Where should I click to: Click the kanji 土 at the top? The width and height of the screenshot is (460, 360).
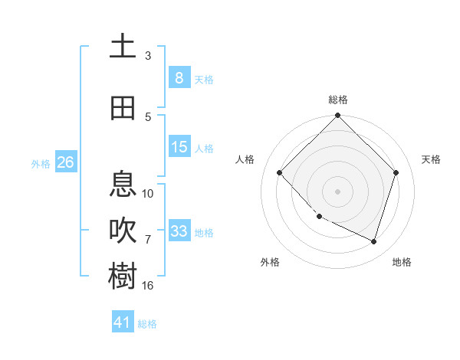pyautogui.click(x=123, y=46)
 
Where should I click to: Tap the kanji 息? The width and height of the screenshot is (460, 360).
pyautogui.click(x=123, y=185)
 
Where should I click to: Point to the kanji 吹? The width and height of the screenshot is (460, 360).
pyautogui.click(x=123, y=231)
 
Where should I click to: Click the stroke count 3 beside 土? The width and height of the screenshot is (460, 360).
pyautogui.click(x=148, y=55)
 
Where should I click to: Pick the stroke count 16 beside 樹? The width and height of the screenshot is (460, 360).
pyautogui.click(x=148, y=286)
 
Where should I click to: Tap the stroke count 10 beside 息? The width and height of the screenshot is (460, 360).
pyautogui.click(x=148, y=194)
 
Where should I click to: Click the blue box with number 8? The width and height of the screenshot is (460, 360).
pyautogui.click(x=179, y=77)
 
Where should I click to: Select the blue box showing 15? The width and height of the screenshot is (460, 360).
pyautogui.click(x=179, y=147)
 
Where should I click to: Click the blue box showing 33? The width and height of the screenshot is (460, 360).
pyautogui.click(x=179, y=231)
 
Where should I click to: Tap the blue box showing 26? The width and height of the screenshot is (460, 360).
pyautogui.click(x=65, y=162)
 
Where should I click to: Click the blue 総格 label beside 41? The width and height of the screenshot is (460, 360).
pyautogui.click(x=147, y=324)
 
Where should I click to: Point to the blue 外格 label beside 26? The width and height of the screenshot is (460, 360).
pyautogui.click(x=41, y=164)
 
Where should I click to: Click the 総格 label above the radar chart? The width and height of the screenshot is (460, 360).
pyautogui.click(x=338, y=100)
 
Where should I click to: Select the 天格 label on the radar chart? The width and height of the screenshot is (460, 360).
pyautogui.click(x=431, y=159)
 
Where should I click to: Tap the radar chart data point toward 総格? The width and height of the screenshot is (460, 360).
pyautogui.click(x=337, y=116)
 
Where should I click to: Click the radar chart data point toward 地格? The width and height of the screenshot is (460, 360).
pyautogui.click(x=373, y=242)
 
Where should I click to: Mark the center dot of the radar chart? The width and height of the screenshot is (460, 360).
pyautogui.click(x=337, y=191)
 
